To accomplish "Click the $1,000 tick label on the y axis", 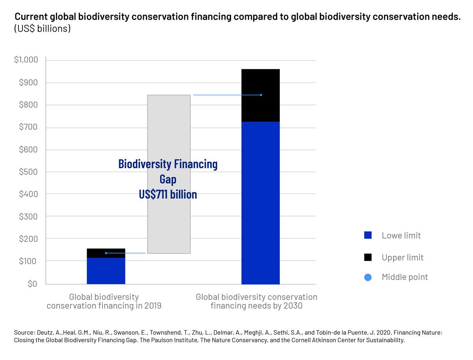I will coord(26,60).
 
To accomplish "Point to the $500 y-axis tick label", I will coord(28,172).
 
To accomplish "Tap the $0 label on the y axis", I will coord(32,284).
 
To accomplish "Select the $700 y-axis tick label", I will coord(28,127).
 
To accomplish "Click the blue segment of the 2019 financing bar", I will coord(106,271).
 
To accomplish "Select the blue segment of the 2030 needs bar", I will coord(261,203).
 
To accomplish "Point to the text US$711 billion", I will coord(168,194).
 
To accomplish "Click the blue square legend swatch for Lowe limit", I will coord(368,235).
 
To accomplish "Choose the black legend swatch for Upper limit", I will coord(368,257).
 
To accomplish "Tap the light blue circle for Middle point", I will coord(368,277).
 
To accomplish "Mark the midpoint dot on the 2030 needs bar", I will coord(261,95).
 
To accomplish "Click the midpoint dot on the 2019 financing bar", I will coord(106,253).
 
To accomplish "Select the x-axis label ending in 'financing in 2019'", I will coord(104,306).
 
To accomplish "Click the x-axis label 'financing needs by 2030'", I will coord(257,306).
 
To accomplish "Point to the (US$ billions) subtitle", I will coord(42,29).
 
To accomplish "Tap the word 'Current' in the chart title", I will coord(31,17).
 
